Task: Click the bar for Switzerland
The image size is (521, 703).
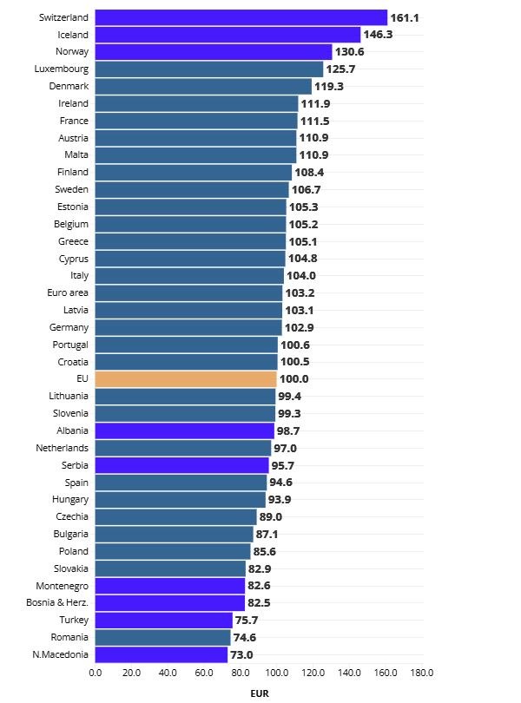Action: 241,17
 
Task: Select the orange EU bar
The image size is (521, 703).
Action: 186,379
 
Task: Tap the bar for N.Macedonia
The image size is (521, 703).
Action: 161,654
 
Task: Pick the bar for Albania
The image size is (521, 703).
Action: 184,430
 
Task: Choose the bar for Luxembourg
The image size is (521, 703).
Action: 208,69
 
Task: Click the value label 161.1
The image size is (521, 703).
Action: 405,17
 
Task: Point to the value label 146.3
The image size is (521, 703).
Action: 378,35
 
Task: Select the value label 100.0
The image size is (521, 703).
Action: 293,379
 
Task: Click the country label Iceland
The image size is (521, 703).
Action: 73,35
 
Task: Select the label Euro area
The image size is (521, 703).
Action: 68,293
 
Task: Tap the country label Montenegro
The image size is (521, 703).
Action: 63,586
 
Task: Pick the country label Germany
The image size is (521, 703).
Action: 69,327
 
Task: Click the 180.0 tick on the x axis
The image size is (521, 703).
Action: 422,673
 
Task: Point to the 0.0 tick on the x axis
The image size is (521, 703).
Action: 96,673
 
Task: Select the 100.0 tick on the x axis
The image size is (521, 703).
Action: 277,673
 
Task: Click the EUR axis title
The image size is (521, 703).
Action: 259,693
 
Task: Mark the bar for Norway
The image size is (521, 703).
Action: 214,52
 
